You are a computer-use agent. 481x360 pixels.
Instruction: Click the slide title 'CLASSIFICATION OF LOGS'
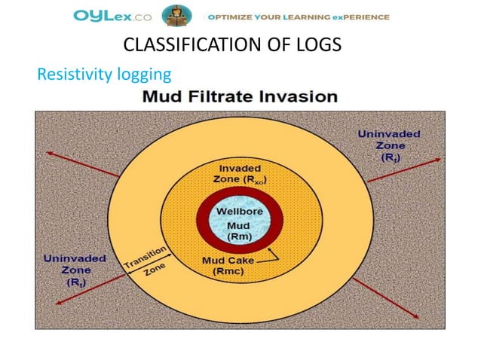click(x=231, y=45)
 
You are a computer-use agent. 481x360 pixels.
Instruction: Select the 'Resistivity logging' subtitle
click(x=104, y=74)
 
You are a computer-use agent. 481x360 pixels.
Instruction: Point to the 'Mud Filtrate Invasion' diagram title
click(x=240, y=97)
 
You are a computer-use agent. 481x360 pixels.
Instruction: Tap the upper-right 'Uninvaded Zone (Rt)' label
click(x=389, y=146)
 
